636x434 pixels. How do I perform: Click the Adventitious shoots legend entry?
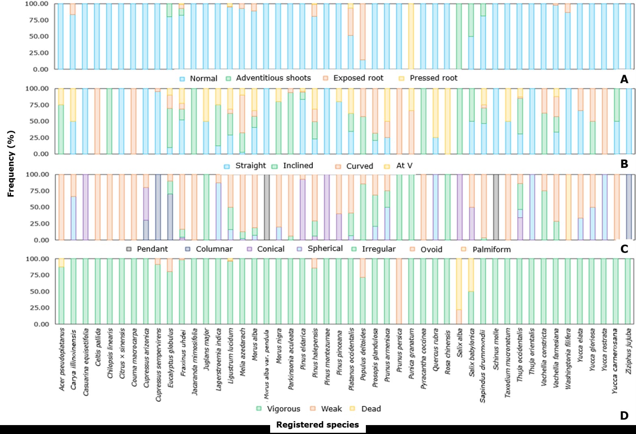point(273,78)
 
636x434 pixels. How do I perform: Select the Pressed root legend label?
point(433,78)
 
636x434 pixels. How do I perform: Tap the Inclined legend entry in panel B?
point(298,165)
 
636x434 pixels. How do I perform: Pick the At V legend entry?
point(404,165)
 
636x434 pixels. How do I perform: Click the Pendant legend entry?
point(152,249)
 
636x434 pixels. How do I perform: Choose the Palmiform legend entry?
point(491,249)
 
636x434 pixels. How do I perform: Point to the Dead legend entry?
point(371,409)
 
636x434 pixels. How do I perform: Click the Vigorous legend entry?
point(284,409)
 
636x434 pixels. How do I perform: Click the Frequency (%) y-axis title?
point(11,163)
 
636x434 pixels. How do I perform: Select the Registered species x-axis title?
point(318,425)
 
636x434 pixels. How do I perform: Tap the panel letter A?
point(624,79)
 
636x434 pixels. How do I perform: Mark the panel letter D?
point(624,415)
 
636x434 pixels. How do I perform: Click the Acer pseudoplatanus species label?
point(62,359)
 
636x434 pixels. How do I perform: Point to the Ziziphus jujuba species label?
point(629,348)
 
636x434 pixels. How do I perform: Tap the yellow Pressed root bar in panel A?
point(411,37)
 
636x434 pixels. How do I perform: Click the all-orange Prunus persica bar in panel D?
point(399,291)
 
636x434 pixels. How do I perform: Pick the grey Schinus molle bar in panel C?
point(496,207)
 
